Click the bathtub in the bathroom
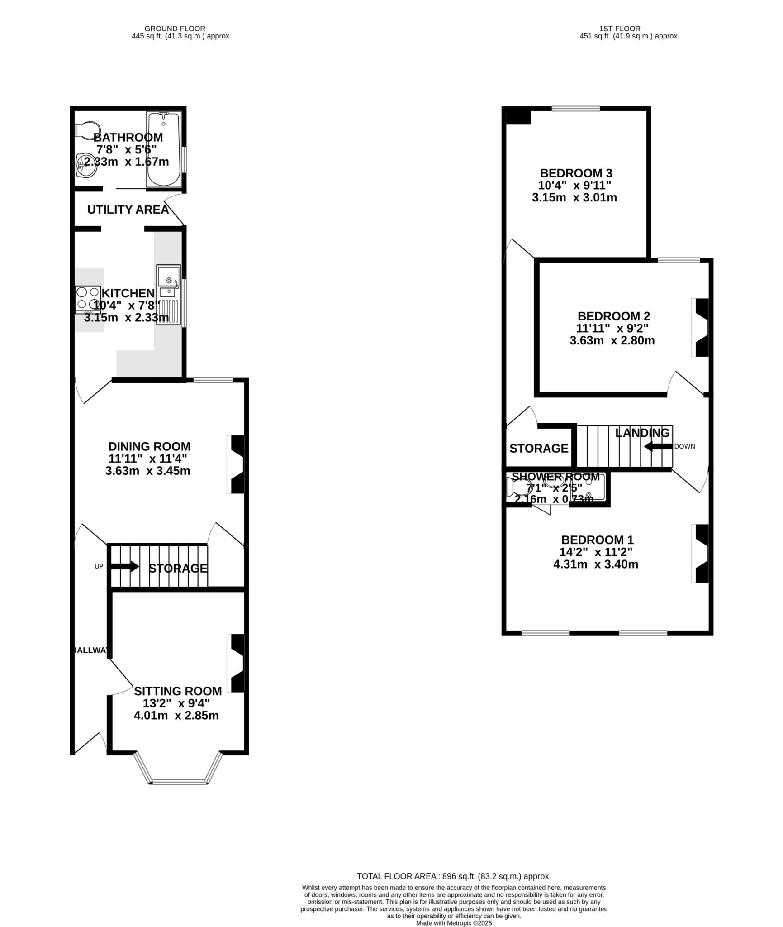tap(163, 149)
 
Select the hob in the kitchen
tap(88, 299)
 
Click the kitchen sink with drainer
tap(168, 294)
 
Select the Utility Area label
tap(128, 210)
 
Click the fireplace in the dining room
tap(237, 464)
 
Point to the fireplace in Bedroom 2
tap(701, 328)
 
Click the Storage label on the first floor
tap(538, 449)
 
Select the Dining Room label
tap(149, 446)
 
